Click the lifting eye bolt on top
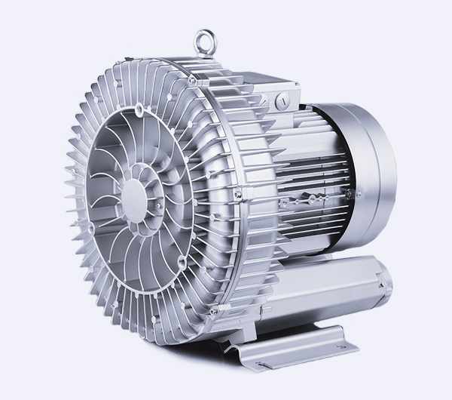204,42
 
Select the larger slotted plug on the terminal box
282,100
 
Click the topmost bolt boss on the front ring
139,111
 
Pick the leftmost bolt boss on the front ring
91,227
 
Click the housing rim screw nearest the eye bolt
193,79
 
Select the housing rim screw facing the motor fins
238,195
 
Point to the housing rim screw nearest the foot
214,310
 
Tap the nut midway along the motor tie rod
310,200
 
